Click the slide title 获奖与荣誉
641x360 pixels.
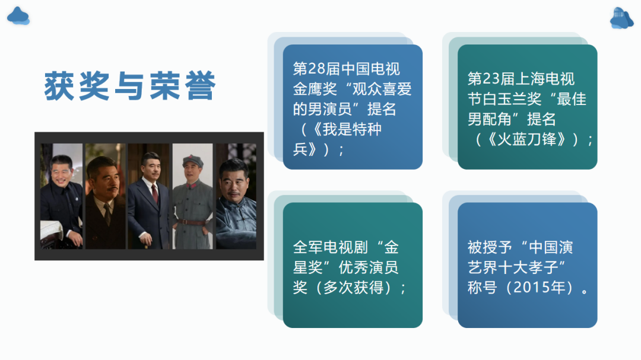pyautogui.click(x=129, y=86)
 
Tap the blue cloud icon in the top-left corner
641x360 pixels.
pyautogui.click(x=18, y=16)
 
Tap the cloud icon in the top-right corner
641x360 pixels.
pyautogui.click(x=621, y=18)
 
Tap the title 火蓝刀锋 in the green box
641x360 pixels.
pyautogui.click(x=527, y=139)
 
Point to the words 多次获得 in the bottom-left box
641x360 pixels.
pyautogui.click(x=353, y=287)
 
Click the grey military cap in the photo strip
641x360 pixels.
pyautogui.click(x=193, y=160)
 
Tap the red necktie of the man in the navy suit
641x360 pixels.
pyautogui.click(x=155, y=193)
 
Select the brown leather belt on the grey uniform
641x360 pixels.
pyautogui.click(x=192, y=222)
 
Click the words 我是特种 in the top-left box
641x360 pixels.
pyautogui.click(x=352, y=129)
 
